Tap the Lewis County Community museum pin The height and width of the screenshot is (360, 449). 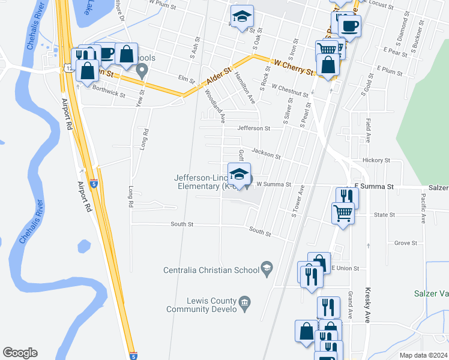point(244,302)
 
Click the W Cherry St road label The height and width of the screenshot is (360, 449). point(294,67)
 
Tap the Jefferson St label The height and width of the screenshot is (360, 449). point(254,128)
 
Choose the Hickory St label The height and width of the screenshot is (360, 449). point(376,161)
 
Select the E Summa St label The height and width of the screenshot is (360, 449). point(373,187)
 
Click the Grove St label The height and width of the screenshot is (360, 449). point(406,243)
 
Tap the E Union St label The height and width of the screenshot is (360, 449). point(345,268)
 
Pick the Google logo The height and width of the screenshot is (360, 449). point(20,353)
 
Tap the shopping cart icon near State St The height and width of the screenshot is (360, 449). point(343,212)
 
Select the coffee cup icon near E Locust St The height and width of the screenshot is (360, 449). point(349,26)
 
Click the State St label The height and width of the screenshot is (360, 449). point(384,214)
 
